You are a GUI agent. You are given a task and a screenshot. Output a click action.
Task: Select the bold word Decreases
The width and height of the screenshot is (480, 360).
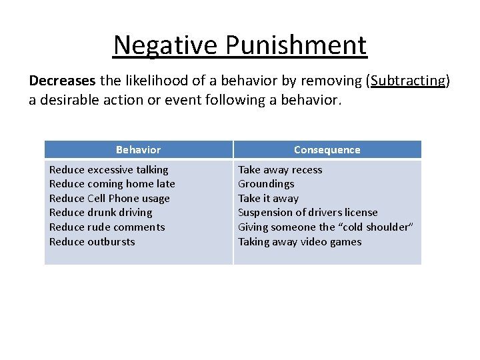(63, 81)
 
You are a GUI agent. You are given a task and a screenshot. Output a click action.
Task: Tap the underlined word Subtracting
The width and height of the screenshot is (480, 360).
(408, 81)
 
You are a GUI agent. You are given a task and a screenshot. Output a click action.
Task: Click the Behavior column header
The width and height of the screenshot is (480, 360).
(138, 150)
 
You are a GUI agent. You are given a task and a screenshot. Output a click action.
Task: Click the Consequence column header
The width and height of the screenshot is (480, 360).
(327, 150)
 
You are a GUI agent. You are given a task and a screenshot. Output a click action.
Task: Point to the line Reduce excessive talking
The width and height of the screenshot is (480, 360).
(109, 169)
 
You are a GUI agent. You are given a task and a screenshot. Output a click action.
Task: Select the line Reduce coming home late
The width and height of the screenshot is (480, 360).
(112, 184)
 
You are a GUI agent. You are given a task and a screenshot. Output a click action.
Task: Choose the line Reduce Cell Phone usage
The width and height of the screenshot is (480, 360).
(109, 198)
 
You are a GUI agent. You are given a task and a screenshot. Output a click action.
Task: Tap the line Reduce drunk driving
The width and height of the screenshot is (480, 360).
(101, 213)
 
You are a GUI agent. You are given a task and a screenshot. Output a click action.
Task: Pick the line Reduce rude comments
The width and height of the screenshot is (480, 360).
(107, 227)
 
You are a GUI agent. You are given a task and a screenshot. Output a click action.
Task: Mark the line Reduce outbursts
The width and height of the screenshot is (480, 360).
(92, 241)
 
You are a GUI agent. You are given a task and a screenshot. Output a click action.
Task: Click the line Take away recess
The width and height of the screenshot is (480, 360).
(280, 169)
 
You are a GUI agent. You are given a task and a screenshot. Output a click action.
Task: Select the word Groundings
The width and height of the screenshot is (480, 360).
(266, 184)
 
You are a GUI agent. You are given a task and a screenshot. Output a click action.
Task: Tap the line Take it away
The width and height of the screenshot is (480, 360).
(268, 198)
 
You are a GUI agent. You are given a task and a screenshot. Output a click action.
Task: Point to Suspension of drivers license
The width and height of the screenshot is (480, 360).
(308, 213)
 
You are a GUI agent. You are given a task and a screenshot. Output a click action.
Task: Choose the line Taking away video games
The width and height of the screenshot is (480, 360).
(300, 241)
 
